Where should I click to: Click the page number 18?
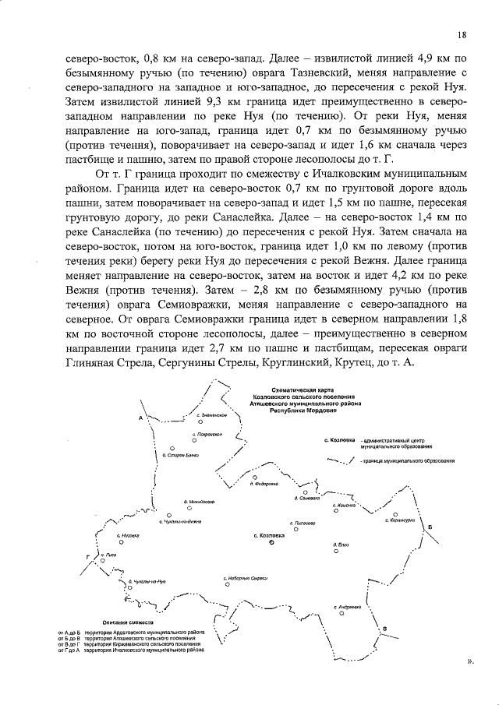(x=462, y=34)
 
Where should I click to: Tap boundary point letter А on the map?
(x=140, y=418)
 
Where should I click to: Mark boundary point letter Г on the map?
(x=88, y=558)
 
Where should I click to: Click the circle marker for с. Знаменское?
(x=200, y=422)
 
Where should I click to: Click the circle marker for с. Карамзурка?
(x=396, y=514)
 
